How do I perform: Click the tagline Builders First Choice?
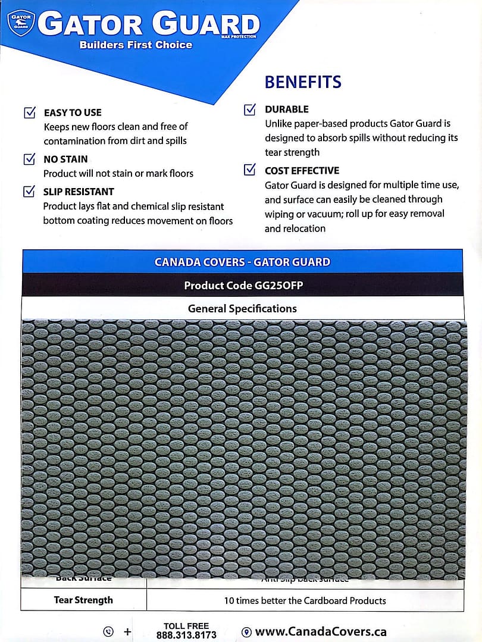[136, 45]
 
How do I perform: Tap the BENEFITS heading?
[303, 82]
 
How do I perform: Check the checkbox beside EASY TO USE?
[29, 112]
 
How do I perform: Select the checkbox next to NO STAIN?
[29, 159]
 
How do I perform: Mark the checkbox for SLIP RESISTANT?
[29, 192]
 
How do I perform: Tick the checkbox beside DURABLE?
[250, 109]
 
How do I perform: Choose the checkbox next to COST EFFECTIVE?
[250, 170]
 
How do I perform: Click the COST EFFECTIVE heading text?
[302, 171]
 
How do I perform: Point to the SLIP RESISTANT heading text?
[79, 192]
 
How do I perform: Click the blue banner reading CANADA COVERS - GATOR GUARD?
[242, 262]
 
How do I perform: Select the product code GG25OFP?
[243, 285]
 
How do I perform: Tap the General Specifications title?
[242, 308]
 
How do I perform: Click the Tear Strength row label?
[83, 600]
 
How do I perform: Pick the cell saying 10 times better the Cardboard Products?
[305, 600]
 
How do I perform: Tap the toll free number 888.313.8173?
[186, 635]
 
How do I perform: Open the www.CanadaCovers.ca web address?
[321, 632]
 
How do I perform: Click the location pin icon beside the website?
[246, 632]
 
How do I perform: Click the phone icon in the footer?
[108, 632]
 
